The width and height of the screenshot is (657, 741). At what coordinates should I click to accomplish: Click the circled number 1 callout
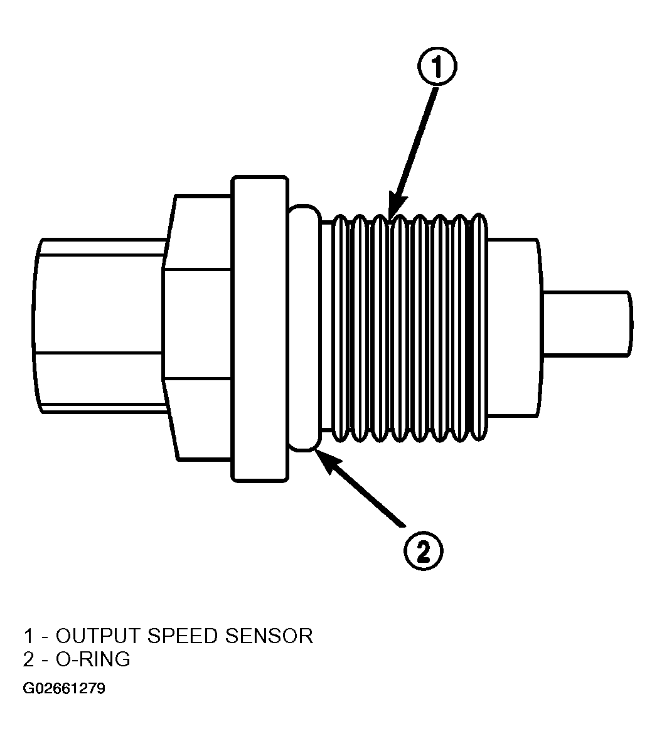pyautogui.click(x=437, y=66)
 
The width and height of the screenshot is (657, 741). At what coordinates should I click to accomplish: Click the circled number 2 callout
pyautogui.click(x=424, y=550)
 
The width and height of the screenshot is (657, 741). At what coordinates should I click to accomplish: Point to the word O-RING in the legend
pyautogui.click(x=93, y=659)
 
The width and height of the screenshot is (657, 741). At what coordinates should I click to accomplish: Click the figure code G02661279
pyautogui.click(x=64, y=688)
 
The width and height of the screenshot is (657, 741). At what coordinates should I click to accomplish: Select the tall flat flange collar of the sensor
pyautogui.click(x=260, y=329)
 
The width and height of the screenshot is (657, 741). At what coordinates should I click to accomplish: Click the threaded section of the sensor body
pyautogui.click(x=409, y=328)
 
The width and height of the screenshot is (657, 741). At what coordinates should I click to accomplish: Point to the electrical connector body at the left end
pyautogui.click(x=99, y=326)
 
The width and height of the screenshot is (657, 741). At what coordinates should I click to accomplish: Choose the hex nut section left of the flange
pyautogui.click(x=198, y=327)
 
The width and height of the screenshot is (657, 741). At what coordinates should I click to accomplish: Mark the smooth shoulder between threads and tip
pyautogui.click(x=515, y=328)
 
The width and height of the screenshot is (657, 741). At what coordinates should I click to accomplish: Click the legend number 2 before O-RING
pyautogui.click(x=28, y=659)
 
